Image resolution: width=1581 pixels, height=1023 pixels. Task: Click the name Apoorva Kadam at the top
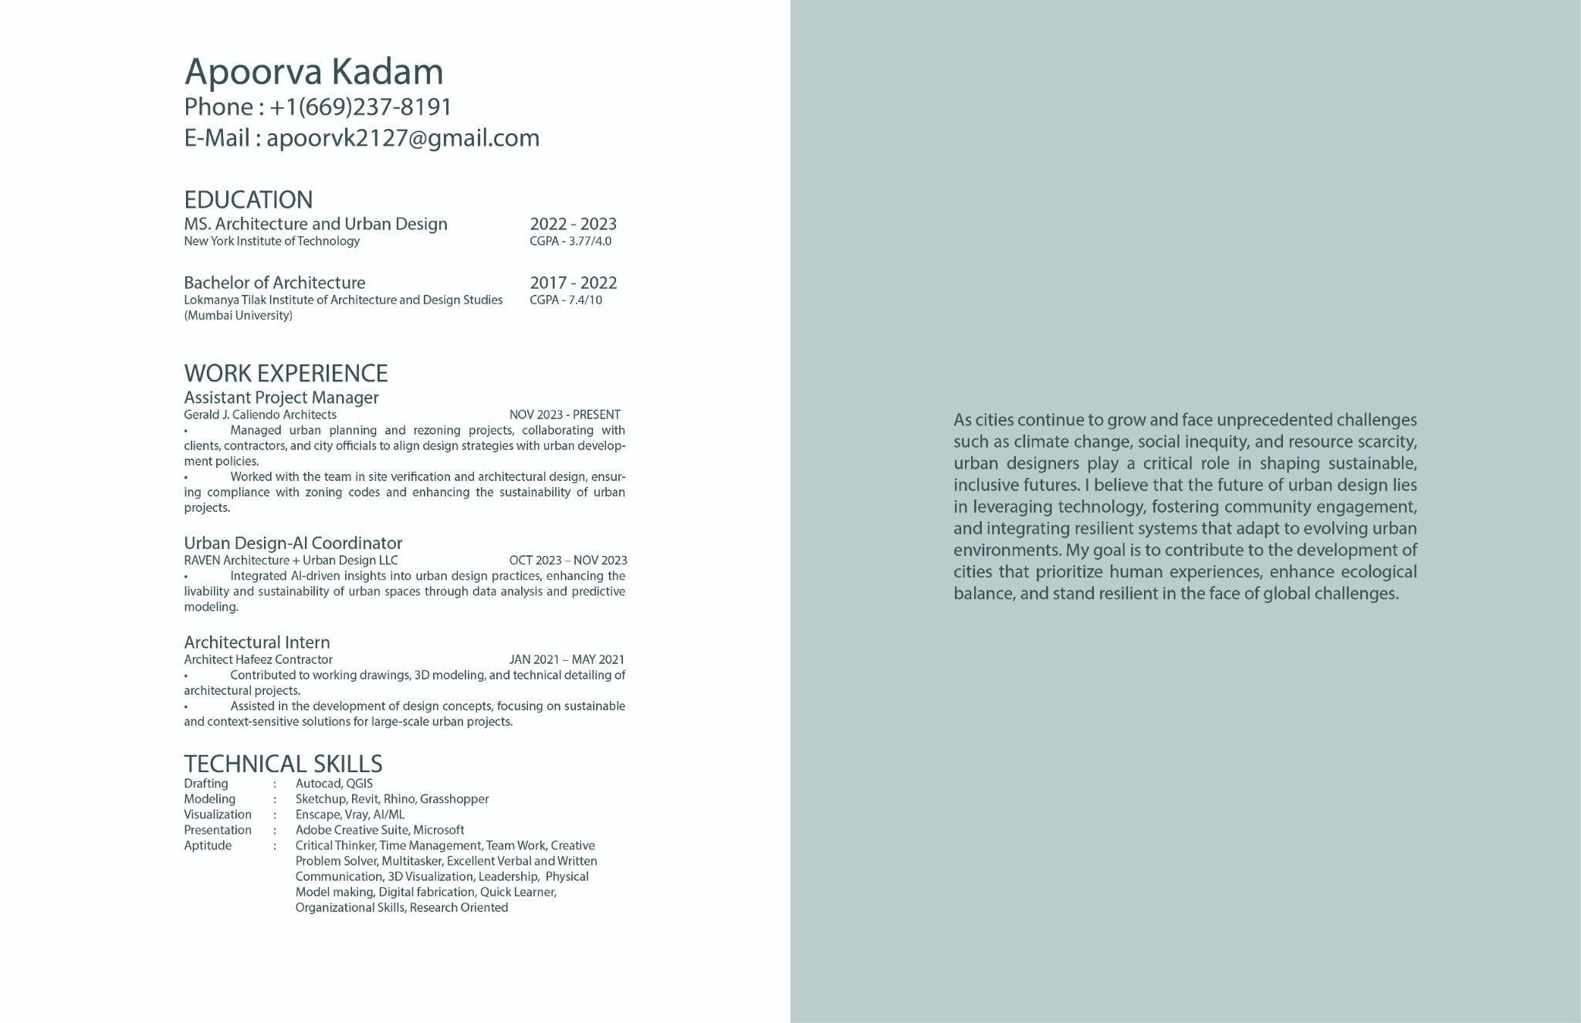click(313, 72)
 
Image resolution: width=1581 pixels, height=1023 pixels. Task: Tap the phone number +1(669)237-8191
click(361, 107)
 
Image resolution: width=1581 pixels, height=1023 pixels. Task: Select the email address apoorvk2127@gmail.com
click(403, 138)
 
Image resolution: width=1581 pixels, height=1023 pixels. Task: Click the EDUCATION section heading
click(248, 200)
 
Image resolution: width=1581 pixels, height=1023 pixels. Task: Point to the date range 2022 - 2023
click(573, 224)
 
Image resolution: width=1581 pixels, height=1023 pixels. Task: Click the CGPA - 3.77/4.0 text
click(570, 241)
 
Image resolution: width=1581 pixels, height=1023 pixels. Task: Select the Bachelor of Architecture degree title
click(274, 283)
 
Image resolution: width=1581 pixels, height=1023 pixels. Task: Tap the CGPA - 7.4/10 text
click(565, 300)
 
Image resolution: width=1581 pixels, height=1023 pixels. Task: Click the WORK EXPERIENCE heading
click(286, 374)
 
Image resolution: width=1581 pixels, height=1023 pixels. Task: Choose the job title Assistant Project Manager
click(281, 398)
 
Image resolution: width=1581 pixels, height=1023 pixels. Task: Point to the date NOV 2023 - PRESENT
click(564, 415)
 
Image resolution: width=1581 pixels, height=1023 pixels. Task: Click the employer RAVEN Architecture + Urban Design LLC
click(290, 561)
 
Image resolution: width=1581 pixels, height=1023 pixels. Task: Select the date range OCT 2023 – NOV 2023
click(567, 561)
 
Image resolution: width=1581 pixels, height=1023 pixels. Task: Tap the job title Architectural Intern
click(256, 642)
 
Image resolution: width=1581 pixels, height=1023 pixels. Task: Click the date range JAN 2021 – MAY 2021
click(567, 659)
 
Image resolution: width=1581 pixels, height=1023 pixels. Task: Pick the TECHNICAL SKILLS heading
click(283, 764)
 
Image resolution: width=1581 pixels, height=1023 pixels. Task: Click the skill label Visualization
click(217, 815)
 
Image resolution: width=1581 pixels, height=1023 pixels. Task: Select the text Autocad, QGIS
click(333, 784)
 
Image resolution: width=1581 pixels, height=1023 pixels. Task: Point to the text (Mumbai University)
click(238, 316)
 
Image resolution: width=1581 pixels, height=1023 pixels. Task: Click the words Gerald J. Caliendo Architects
click(259, 415)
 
